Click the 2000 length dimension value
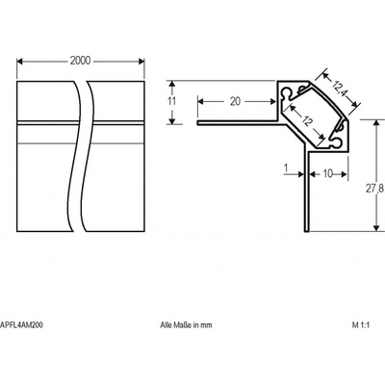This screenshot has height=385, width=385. pyautogui.click(x=80, y=61)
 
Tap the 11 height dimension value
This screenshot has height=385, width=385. pyautogui.click(x=172, y=101)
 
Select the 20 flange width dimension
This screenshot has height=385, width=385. pyautogui.click(x=235, y=101)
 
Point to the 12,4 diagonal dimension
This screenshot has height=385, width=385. pyautogui.click(x=340, y=89)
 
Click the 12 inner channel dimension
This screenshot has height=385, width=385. pyautogui.click(x=307, y=121)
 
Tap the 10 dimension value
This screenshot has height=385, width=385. pyautogui.click(x=328, y=174)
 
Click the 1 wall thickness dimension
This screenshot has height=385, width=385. pyautogui.click(x=286, y=167)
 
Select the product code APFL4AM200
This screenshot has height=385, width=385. pyautogui.click(x=21, y=325)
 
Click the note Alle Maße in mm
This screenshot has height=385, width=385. pyautogui.click(x=186, y=325)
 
